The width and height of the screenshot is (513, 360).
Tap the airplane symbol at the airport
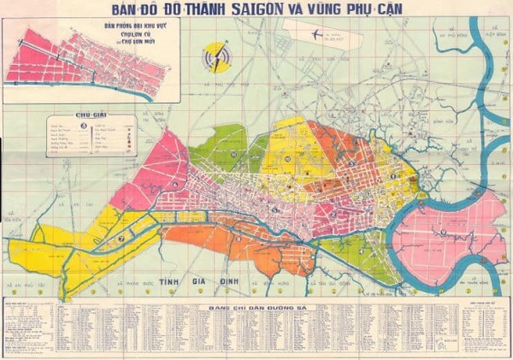316,34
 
